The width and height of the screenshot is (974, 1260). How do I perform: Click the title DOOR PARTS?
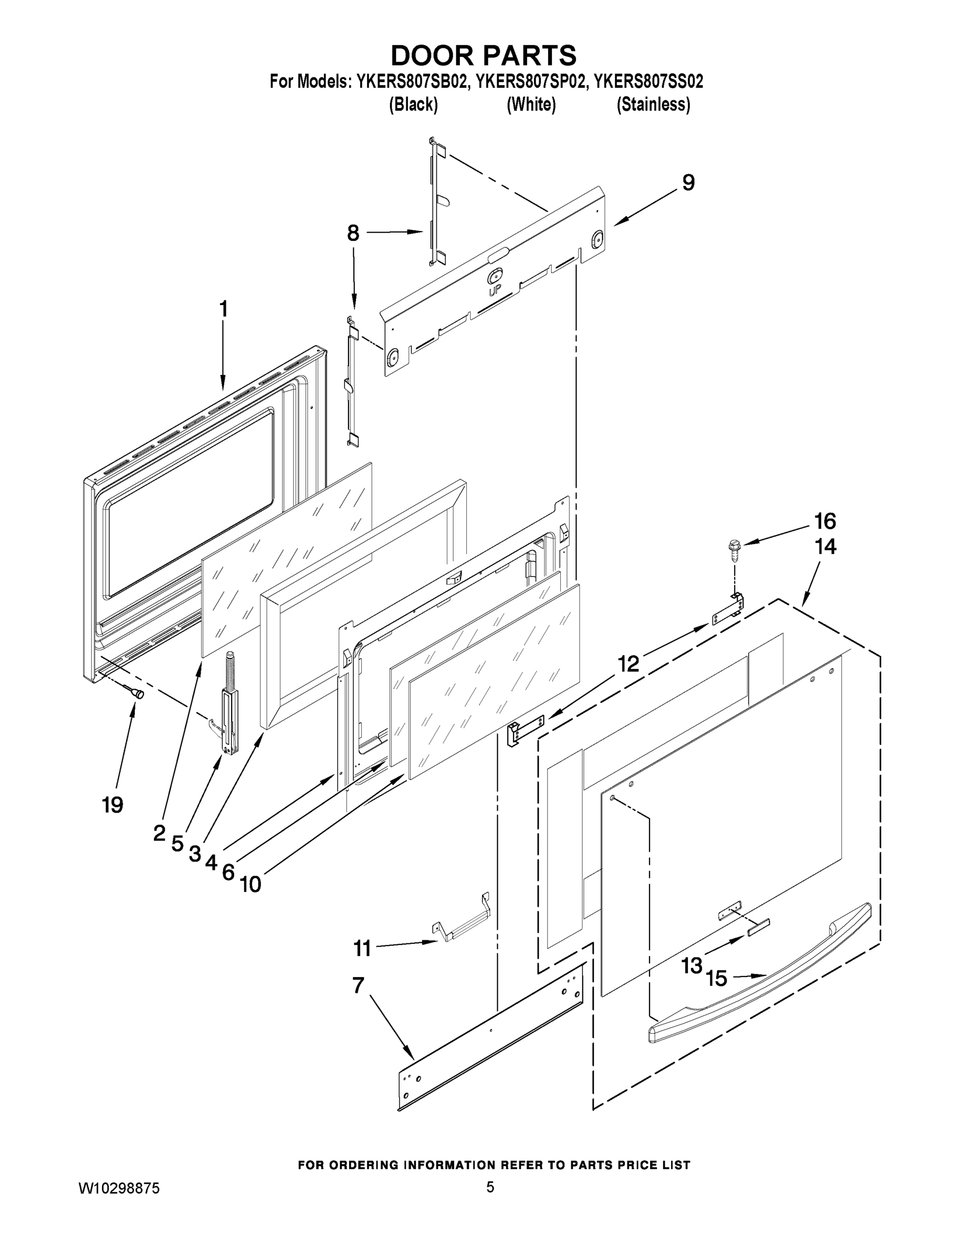(x=484, y=55)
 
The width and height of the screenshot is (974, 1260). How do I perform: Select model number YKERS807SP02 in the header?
(x=530, y=81)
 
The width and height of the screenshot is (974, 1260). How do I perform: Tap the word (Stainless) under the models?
(x=653, y=104)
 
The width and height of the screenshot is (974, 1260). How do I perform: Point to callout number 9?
(x=688, y=182)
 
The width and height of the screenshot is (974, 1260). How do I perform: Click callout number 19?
(x=112, y=804)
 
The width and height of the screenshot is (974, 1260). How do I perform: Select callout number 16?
(x=825, y=521)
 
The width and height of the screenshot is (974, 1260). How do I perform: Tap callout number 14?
(x=825, y=547)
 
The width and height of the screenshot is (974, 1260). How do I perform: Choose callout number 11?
(x=362, y=948)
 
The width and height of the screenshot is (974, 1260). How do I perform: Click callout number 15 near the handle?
(x=716, y=978)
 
